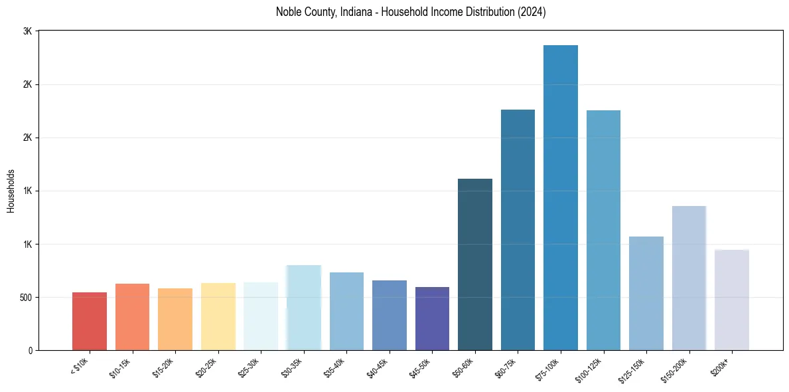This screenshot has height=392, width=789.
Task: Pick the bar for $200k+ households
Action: point(731,300)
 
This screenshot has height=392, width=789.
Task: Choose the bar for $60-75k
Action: point(518,230)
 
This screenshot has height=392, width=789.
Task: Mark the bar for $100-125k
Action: point(603,230)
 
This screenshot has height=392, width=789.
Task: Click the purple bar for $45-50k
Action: point(432,318)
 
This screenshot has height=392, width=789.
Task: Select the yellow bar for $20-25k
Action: point(218,316)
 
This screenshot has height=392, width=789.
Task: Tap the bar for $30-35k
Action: point(304,308)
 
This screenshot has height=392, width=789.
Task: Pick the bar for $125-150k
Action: point(646,293)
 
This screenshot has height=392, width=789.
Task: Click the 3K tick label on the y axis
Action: point(27,32)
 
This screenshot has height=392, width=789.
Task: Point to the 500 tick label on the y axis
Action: point(25,297)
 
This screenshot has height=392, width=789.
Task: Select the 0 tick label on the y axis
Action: point(30,350)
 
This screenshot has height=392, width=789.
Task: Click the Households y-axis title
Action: point(11,191)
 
